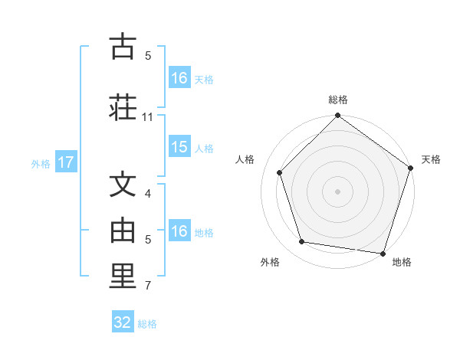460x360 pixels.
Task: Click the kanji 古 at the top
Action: (123, 47)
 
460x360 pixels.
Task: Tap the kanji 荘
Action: (123, 107)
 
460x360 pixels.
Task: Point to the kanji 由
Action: (123, 229)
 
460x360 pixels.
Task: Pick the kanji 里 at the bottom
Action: (123, 277)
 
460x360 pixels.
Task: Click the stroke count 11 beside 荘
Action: (148, 117)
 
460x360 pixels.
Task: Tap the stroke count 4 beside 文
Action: (148, 194)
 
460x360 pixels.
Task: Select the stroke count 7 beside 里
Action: (148, 286)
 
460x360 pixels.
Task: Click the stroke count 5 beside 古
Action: (148, 55)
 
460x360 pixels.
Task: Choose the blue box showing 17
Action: (65, 162)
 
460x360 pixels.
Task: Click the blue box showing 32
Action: (123, 322)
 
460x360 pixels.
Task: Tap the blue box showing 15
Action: (179, 147)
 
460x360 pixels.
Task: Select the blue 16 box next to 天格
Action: (179, 78)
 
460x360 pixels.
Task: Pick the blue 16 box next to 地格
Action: (179, 231)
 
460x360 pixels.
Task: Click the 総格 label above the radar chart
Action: (338, 100)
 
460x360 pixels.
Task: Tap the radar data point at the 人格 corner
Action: (279, 173)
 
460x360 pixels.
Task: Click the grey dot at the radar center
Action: (337, 191)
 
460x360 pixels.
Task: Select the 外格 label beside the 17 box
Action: (41, 163)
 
